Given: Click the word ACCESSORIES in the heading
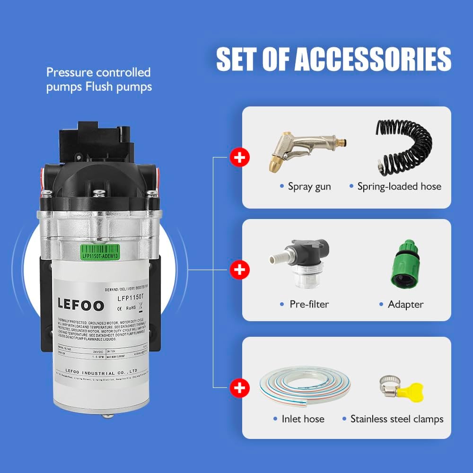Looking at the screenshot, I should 373,59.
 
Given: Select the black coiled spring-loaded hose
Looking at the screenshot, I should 404,147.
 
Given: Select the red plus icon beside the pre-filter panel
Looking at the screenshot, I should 240,270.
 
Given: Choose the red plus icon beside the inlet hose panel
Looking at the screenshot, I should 240,389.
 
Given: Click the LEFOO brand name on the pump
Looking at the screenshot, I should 80,305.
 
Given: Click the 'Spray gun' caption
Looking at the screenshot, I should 309,186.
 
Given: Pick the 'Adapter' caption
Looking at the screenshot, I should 405,304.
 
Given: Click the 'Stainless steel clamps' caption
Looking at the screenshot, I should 397,419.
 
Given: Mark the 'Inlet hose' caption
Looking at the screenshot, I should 303,419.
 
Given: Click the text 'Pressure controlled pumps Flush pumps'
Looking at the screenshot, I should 98,79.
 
